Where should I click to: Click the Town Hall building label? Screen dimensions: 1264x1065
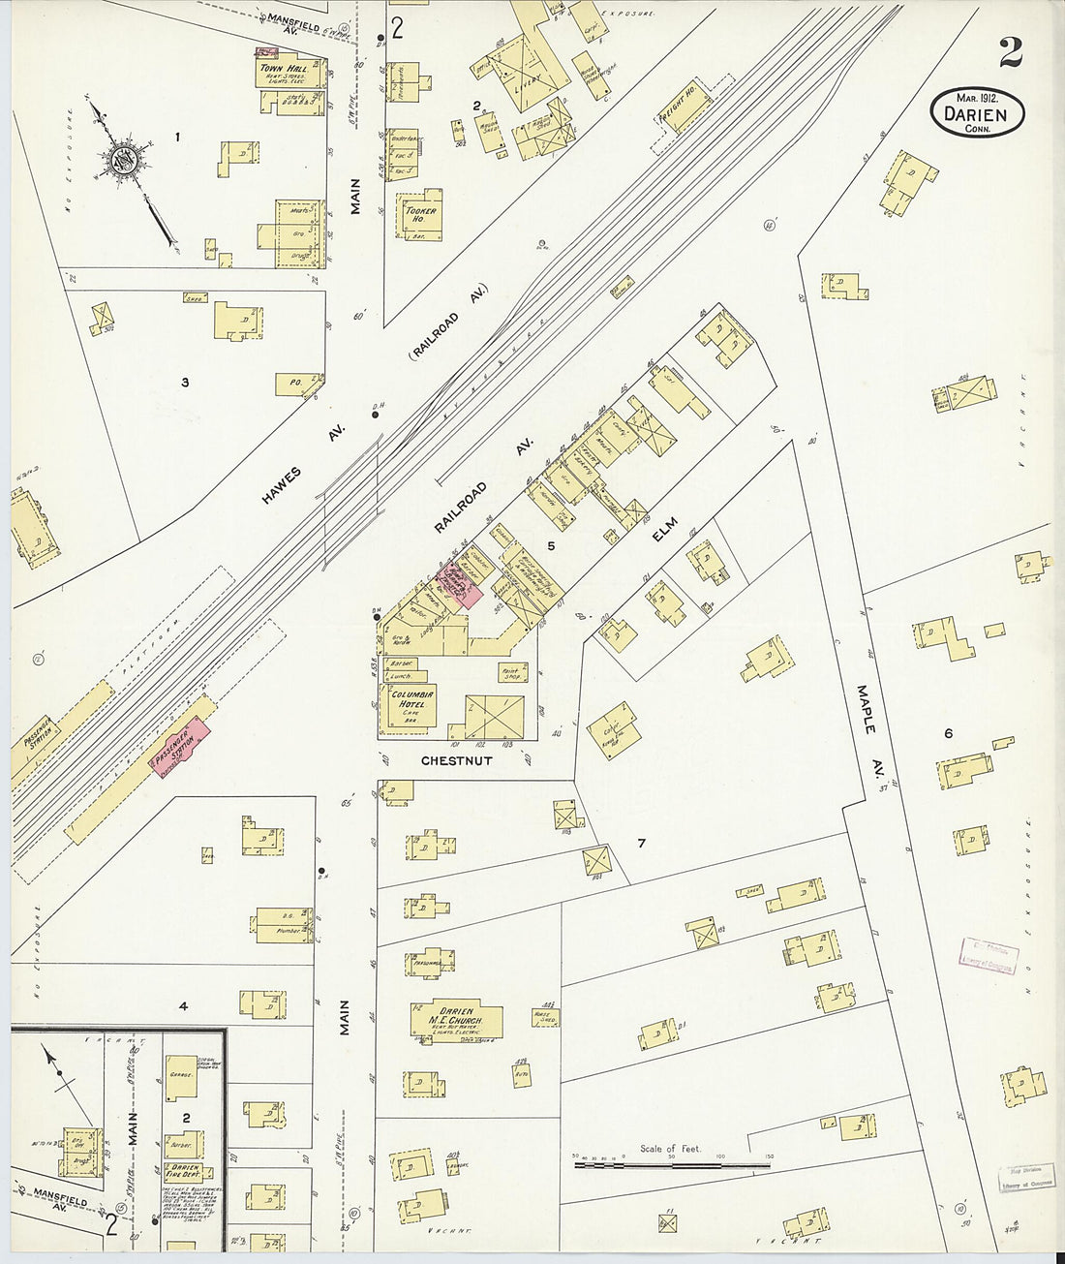click(x=282, y=70)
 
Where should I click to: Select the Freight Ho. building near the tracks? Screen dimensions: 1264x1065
click(x=686, y=108)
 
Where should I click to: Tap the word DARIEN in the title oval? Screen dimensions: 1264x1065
click(x=977, y=115)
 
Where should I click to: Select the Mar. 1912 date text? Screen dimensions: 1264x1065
click(x=978, y=98)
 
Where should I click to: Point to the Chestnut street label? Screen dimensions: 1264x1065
click(x=456, y=761)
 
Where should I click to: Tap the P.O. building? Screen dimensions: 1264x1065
click(x=290, y=384)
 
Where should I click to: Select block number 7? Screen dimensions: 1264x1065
click(x=641, y=843)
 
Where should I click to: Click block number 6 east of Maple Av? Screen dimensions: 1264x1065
click(x=948, y=733)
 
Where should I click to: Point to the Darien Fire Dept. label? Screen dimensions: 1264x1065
click(x=182, y=1174)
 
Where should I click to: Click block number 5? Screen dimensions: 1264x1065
click(x=551, y=545)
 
